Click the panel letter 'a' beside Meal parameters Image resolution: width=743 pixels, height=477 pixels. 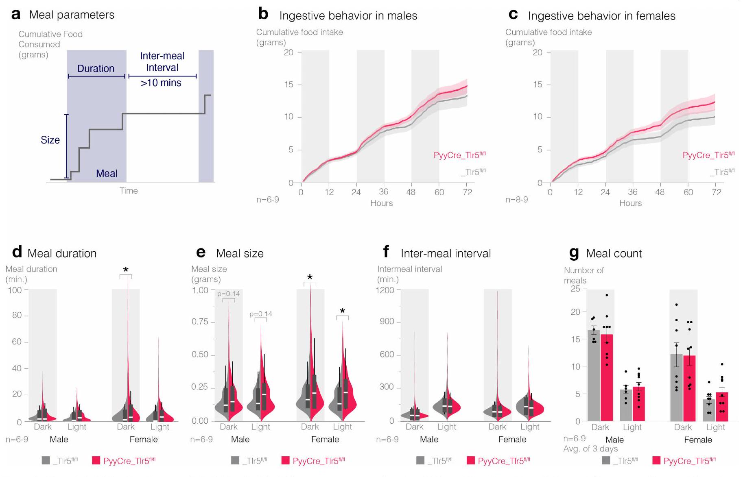[16, 15]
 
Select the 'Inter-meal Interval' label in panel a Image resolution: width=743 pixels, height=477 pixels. [162, 62]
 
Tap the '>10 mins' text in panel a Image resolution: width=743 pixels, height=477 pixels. [161, 83]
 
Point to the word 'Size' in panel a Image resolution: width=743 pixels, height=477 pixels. [50, 140]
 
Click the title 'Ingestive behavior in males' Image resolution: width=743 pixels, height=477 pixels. [348, 16]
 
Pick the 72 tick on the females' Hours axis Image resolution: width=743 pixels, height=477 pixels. [717, 192]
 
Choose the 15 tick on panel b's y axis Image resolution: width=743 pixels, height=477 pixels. [288, 85]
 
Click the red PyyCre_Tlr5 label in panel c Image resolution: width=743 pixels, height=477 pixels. [708, 155]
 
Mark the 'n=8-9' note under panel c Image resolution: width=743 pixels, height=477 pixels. [516, 200]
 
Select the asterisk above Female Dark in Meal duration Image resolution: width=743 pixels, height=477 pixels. [126, 270]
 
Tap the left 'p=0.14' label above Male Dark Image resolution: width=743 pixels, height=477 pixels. [228, 294]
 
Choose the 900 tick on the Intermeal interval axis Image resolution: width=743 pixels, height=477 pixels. [387, 322]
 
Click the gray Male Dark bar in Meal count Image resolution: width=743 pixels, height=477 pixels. [594, 376]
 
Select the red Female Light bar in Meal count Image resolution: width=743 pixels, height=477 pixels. [722, 407]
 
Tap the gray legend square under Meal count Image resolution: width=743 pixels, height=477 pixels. [606, 460]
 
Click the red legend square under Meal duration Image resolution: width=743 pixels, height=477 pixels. [96, 460]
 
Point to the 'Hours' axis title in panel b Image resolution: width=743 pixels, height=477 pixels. [381, 203]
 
